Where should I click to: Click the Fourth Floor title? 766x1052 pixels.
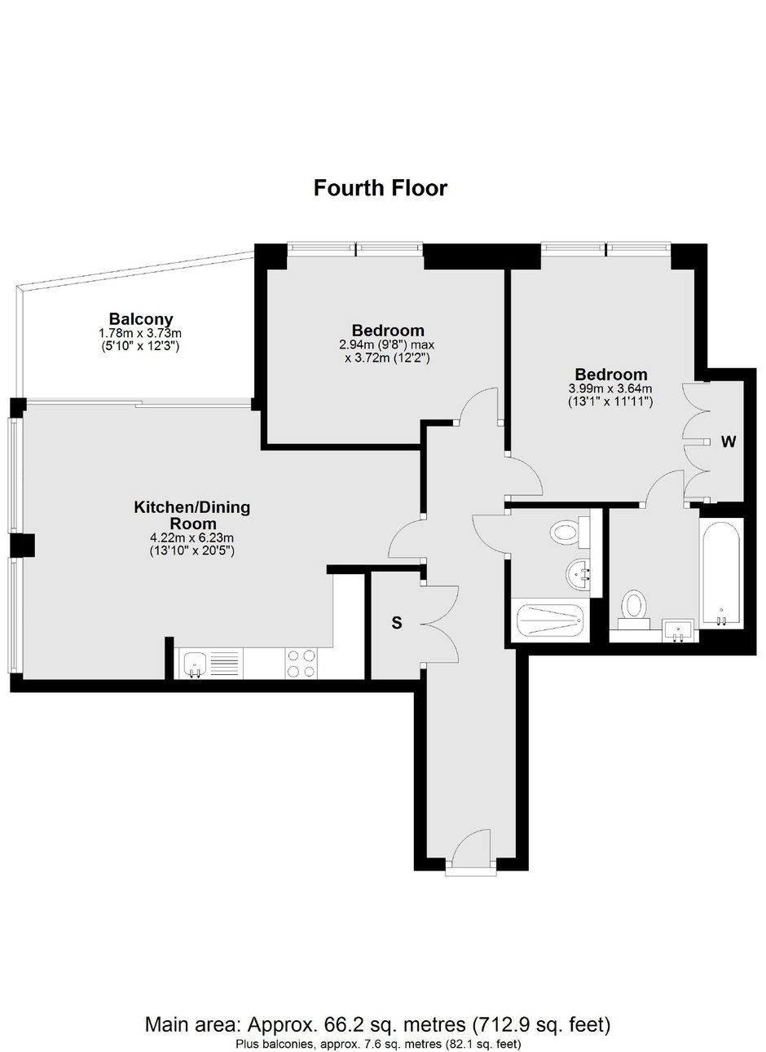[381, 188]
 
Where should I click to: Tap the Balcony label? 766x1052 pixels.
[141, 319]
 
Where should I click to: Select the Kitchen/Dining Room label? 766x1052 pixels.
[192, 515]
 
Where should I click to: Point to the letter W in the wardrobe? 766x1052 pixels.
[728, 441]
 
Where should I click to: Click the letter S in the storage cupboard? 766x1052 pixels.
[397, 623]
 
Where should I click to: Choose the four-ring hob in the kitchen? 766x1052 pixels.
[302, 663]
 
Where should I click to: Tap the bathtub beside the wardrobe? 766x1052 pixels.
[721, 572]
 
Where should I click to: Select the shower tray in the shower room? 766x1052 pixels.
[550, 620]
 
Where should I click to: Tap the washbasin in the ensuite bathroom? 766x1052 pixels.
[678, 629]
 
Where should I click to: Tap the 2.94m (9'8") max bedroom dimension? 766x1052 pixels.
[386, 344]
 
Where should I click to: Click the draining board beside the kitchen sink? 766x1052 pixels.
[224, 663]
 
